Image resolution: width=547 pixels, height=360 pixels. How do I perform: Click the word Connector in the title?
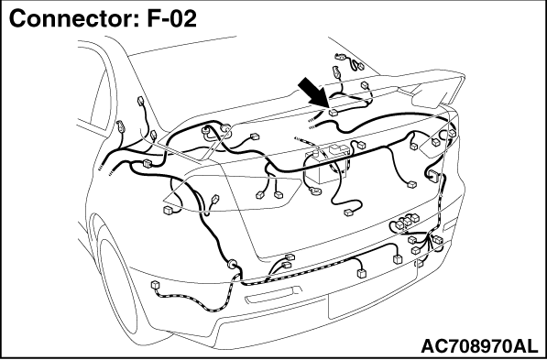tap(73, 18)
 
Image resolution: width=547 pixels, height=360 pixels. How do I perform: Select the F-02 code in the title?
tap(172, 18)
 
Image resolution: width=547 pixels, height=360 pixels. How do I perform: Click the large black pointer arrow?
tap(313, 93)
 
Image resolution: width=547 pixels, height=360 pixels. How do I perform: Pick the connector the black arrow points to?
tap(334, 113)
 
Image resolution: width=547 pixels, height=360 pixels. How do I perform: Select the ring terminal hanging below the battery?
tap(315, 191)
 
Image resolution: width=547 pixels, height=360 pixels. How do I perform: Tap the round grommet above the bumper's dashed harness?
tap(232, 264)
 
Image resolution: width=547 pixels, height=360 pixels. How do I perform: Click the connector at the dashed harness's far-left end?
tap(155, 285)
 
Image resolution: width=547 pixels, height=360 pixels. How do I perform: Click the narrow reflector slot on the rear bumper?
tap(273, 296)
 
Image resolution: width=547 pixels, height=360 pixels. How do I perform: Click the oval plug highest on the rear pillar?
tap(140, 101)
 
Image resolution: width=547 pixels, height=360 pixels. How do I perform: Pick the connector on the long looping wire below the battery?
tap(349, 213)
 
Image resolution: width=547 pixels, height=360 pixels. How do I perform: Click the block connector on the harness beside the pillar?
tap(148, 163)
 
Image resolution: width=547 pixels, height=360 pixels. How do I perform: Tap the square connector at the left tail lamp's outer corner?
tap(169, 210)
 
